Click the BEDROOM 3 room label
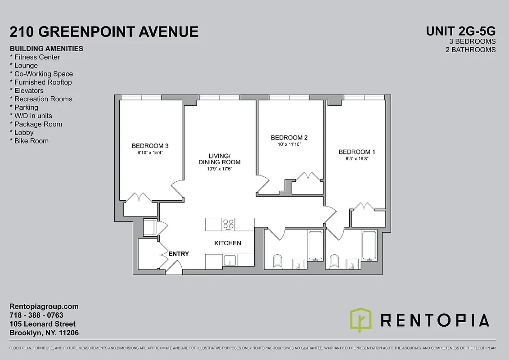pyautogui.click(x=150, y=146)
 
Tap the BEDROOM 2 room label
pyautogui.click(x=289, y=138)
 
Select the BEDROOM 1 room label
pyautogui.click(x=357, y=152)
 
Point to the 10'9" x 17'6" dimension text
pyautogui.click(x=219, y=169)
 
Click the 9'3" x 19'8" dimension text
pyautogui.click(x=357, y=159)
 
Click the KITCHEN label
pyautogui.click(x=227, y=243)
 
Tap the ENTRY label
pyautogui.click(x=179, y=254)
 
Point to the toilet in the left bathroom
pyautogui.click(x=277, y=261)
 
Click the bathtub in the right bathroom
pyautogui.click(x=369, y=245)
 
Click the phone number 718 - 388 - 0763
pyautogui.click(x=36, y=315)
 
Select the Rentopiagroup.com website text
pyautogui.click(x=44, y=306)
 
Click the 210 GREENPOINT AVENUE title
pyautogui.click(x=104, y=31)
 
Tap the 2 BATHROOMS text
pyautogui.click(x=470, y=49)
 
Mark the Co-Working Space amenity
pyautogui.click(x=41, y=74)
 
